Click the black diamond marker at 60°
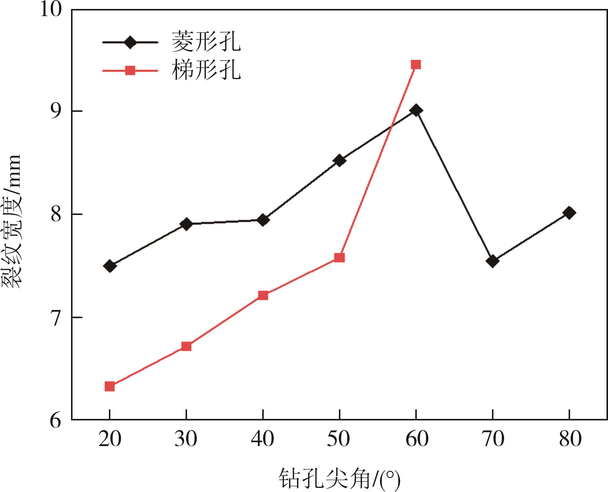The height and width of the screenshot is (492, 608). [x=416, y=111]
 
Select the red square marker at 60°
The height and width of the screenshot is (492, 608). [x=416, y=64]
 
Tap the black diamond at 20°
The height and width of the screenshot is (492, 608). [x=110, y=266]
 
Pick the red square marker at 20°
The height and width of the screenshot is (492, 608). [x=110, y=386]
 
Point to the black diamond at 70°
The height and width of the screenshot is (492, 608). [x=493, y=261]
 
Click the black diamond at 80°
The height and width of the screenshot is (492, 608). [x=569, y=213]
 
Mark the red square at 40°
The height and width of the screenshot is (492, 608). [x=263, y=295]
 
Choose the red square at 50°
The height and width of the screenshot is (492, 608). [x=340, y=257]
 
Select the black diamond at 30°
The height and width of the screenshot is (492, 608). [x=186, y=224]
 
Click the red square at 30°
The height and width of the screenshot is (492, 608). [x=186, y=346]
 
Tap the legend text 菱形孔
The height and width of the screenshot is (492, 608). [x=206, y=42]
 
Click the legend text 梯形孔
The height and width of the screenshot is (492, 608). [x=206, y=71]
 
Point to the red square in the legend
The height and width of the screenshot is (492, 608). [x=130, y=71]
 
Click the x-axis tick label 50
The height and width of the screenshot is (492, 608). [x=339, y=439]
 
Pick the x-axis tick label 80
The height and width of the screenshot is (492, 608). [x=570, y=439]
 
